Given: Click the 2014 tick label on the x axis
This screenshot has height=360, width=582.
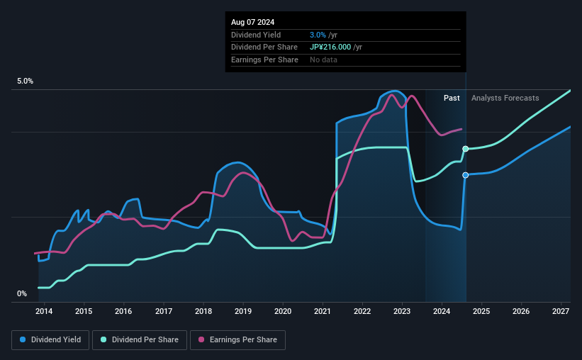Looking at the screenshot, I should [x=44, y=311].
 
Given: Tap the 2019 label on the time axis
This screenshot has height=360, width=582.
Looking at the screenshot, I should [x=243, y=311].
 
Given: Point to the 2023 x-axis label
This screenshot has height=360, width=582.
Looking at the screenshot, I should [x=402, y=311].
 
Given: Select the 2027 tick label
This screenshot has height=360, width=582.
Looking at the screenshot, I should [x=561, y=311].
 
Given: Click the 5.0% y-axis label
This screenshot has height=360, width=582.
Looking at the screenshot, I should [x=26, y=81].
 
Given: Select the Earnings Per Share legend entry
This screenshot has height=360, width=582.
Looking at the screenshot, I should [x=237, y=340].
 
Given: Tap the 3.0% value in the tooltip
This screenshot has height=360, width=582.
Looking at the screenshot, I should [x=317, y=35].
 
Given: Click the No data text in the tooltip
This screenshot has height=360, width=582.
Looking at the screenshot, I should [x=324, y=60].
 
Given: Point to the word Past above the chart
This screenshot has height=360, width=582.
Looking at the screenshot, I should [x=452, y=98].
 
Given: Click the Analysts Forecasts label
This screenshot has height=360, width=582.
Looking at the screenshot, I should [x=505, y=98].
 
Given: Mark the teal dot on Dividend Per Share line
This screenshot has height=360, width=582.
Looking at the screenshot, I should [x=466, y=149].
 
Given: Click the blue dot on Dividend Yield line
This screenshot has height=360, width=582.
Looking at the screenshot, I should [x=466, y=175].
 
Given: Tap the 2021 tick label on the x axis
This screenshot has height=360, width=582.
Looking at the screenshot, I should [x=323, y=311].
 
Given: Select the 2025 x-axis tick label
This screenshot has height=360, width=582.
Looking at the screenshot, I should [x=481, y=311].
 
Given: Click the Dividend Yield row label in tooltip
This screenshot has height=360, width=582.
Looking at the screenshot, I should [x=256, y=35].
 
